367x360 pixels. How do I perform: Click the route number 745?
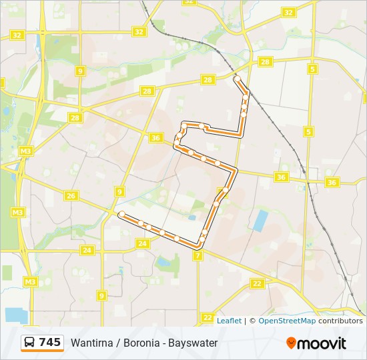[x=50, y=343]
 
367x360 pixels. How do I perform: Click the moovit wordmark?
[x=322, y=343]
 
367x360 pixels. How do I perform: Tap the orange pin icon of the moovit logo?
[x=291, y=343]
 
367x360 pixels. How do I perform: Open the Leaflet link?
[x=229, y=321]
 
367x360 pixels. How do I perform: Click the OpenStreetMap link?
[x=287, y=321]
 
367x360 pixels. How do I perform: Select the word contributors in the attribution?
[x=340, y=321]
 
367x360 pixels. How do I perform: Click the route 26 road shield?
[x=71, y=195]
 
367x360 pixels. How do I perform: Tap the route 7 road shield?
[x=198, y=255]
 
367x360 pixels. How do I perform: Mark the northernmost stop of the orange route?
[x=237, y=79]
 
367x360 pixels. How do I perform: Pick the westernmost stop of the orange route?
[x=121, y=213]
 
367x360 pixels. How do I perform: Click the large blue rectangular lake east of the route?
[x=260, y=221]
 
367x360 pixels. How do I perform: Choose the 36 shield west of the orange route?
[x=155, y=138]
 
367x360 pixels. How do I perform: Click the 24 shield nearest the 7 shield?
[x=141, y=244]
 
